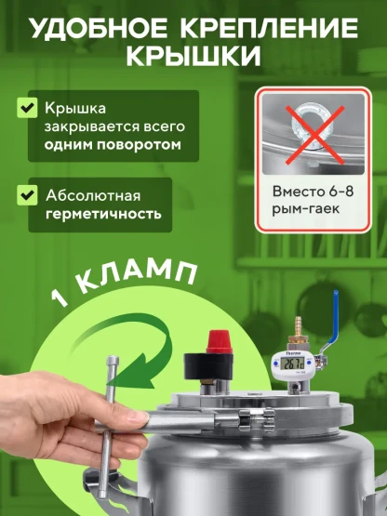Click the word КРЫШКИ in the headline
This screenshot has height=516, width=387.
[x=193, y=57]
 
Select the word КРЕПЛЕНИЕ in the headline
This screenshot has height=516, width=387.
[x=269, y=28]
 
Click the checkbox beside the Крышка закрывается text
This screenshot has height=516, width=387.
[x=27, y=107]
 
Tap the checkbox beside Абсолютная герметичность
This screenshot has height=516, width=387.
[x=27, y=195]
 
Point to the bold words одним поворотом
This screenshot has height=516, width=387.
[x=113, y=145]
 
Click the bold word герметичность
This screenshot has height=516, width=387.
[x=103, y=214]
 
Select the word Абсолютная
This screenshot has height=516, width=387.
[x=93, y=196]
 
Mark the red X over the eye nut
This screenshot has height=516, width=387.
[x=314, y=135]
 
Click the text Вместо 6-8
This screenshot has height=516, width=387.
[x=313, y=192]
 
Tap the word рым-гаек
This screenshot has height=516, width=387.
[x=306, y=209]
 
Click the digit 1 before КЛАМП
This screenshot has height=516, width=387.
[x=60, y=298]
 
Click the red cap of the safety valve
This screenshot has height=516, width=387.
[x=219, y=341]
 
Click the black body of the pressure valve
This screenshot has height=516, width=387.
[x=209, y=365]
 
